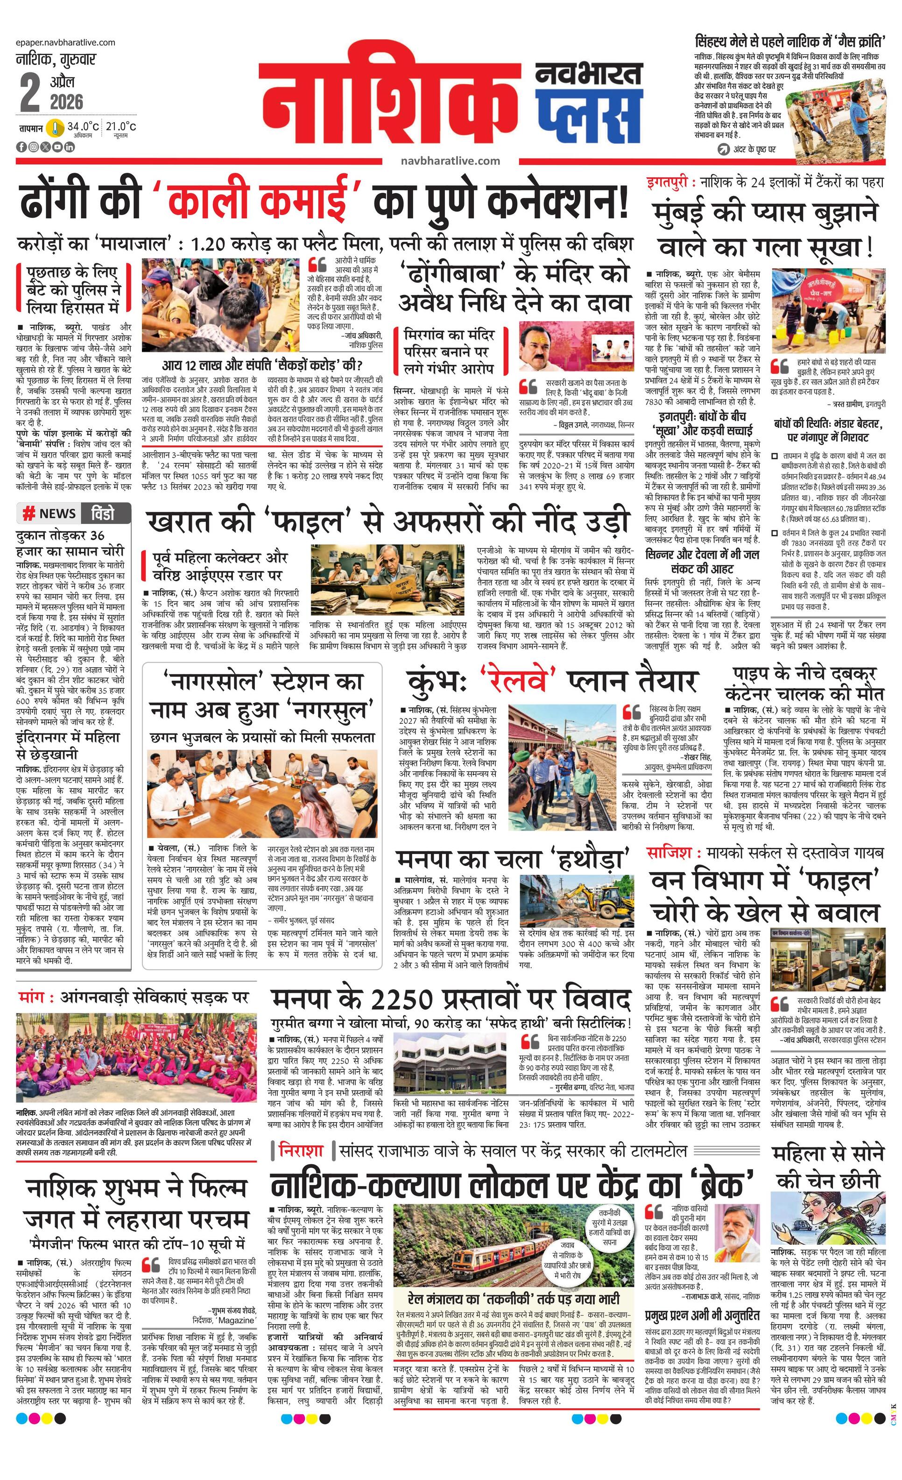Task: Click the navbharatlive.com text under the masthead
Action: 450,161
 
